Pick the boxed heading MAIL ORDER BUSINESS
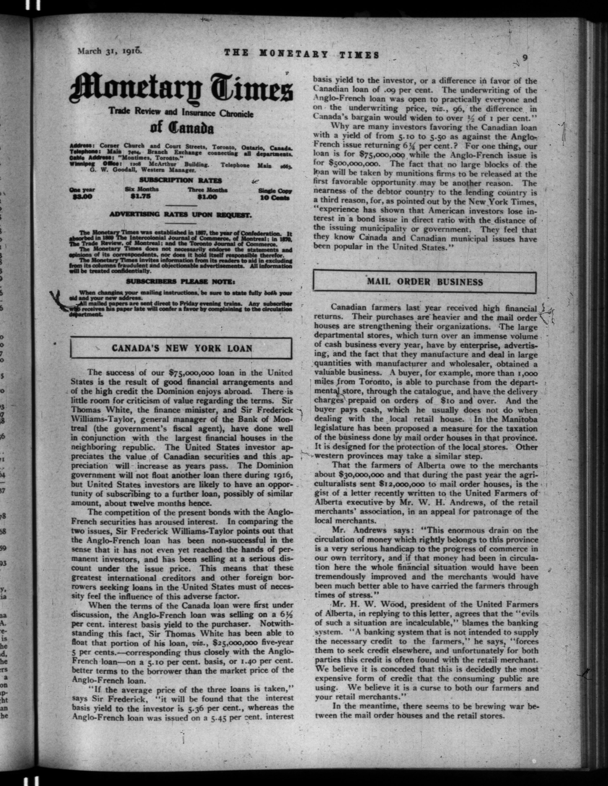425,282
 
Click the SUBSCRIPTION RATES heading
180,180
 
